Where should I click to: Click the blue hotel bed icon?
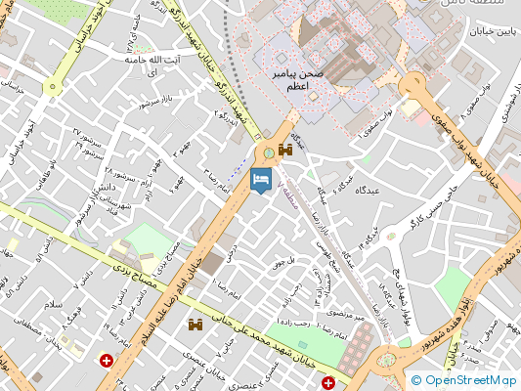pyautogui.click(x=261, y=180)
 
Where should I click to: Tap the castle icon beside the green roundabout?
pyautogui.click(x=285, y=150)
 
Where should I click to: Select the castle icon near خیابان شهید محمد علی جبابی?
pyautogui.click(x=195, y=324)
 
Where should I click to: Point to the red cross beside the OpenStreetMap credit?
pyautogui.click(x=329, y=382)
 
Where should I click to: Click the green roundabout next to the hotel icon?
pyautogui.click(x=267, y=152)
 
